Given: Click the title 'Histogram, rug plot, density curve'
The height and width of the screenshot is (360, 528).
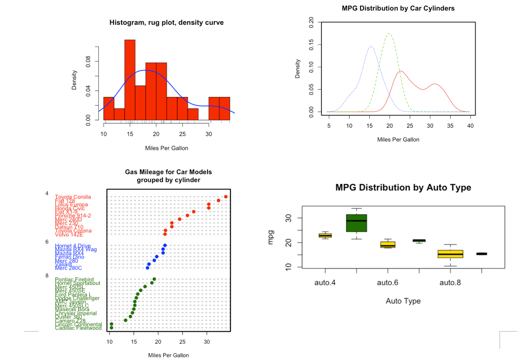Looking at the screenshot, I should (166, 23).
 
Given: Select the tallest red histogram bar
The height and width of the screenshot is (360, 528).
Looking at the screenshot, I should (130, 80).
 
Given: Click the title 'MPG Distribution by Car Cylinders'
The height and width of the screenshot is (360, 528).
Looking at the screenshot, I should (398, 8).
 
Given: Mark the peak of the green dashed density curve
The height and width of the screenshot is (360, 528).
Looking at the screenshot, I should (389, 33).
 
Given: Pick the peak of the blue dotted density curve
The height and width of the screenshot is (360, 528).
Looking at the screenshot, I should (371, 46).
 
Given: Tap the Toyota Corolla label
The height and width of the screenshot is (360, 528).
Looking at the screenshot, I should (73, 197).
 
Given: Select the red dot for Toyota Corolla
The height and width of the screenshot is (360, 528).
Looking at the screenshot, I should (226, 197).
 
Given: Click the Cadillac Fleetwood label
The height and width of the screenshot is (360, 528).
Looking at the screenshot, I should (78, 328).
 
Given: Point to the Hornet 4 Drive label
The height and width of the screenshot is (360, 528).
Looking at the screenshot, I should (73, 245).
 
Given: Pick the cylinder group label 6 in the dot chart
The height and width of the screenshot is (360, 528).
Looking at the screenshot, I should (47, 242).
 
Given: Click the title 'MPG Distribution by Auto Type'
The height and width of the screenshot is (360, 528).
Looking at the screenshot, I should (403, 188).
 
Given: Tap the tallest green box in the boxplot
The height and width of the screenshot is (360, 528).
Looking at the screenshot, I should (357, 223).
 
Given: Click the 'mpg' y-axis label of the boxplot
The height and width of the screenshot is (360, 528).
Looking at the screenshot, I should (271, 239).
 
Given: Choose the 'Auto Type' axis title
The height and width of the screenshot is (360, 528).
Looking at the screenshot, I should (403, 301).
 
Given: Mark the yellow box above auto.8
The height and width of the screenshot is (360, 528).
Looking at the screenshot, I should (450, 254).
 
